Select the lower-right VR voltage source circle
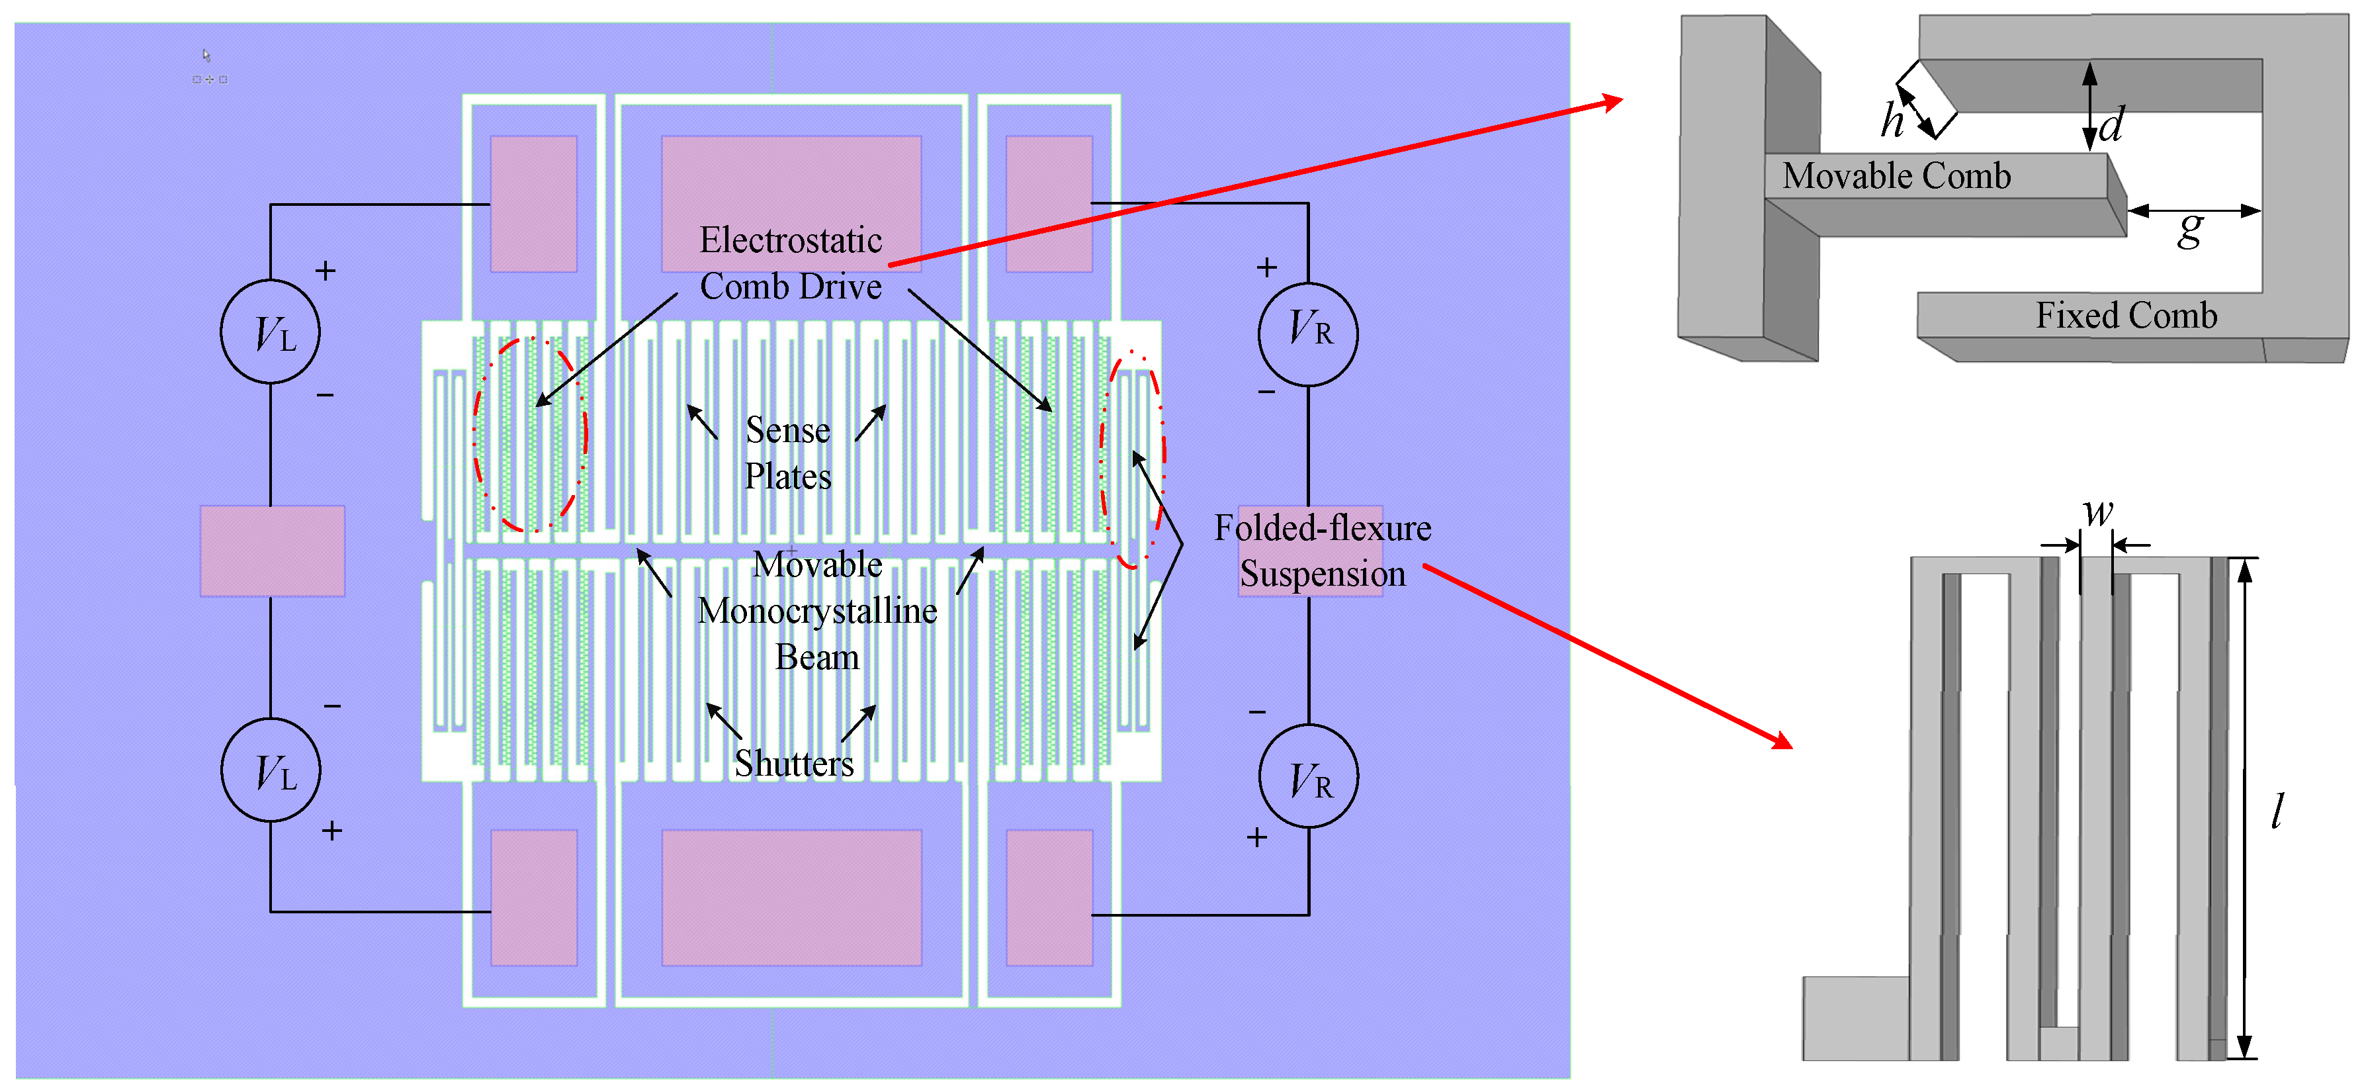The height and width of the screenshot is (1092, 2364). pyautogui.click(x=1308, y=776)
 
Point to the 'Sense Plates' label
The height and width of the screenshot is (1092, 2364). pyautogui.click(x=787, y=453)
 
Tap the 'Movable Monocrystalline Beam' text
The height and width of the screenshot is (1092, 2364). pyautogui.click(x=816, y=611)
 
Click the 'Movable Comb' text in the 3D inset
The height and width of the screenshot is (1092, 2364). pyautogui.click(x=1896, y=175)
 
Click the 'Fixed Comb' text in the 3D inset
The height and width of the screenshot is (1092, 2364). pyautogui.click(x=2125, y=316)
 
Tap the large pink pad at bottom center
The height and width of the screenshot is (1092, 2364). pyautogui.click(x=791, y=897)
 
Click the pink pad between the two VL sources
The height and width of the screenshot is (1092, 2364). pyautogui.click(x=273, y=551)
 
